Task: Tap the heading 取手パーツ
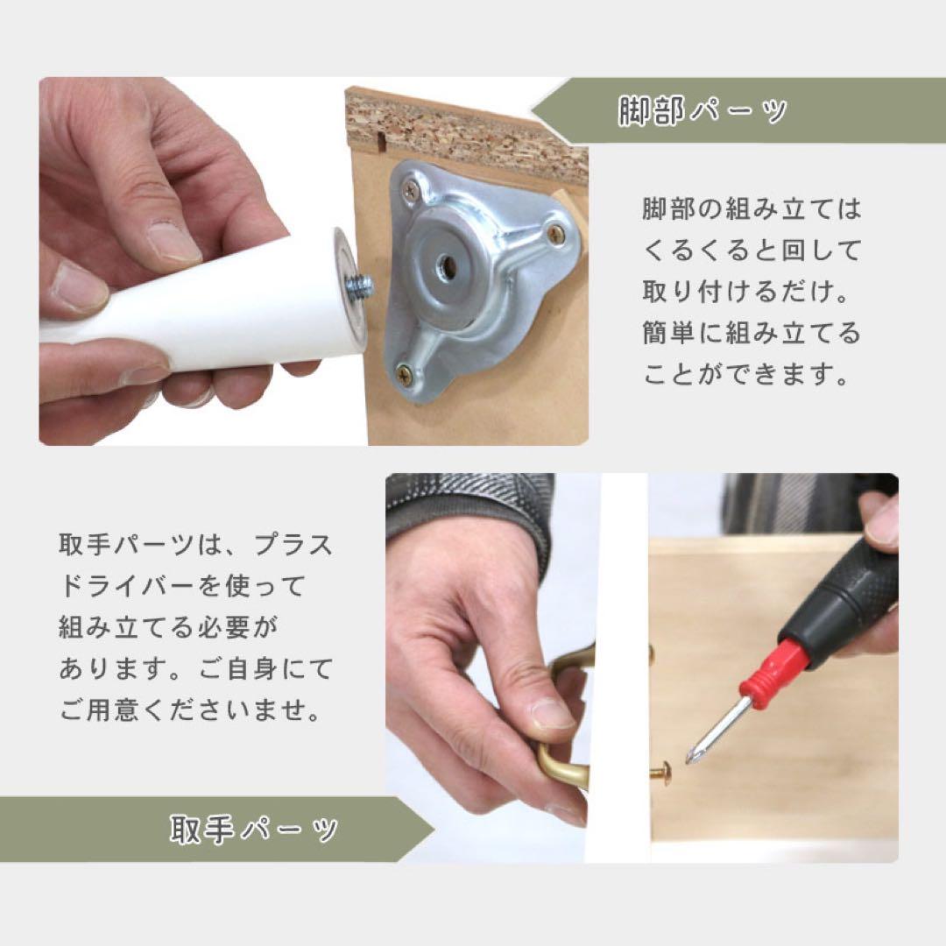pyautogui.click(x=254, y=829)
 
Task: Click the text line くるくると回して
pyautogui.click(x=752, y=251)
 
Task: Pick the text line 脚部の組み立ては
pyautogui.click(x=752, y=209)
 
